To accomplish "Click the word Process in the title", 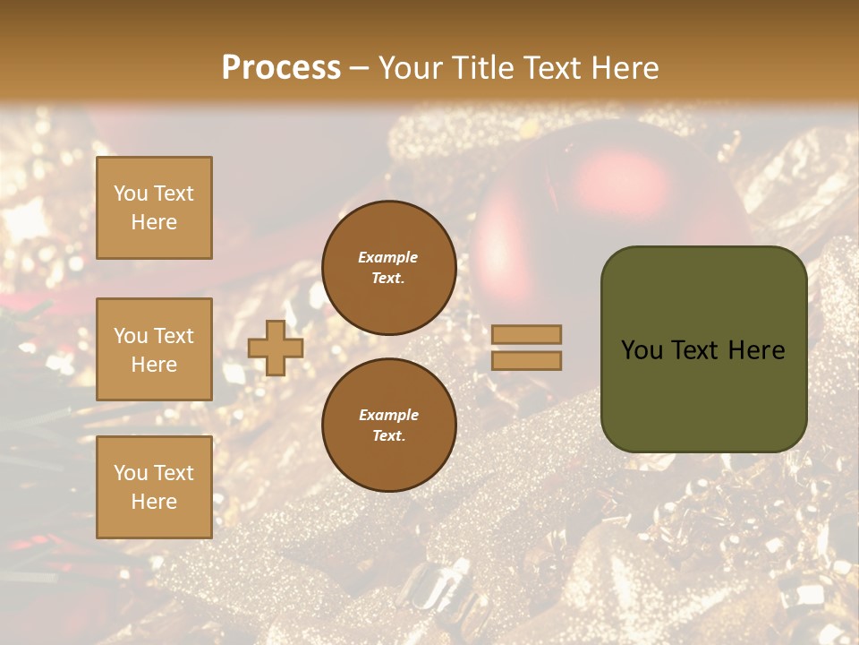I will [281, 68].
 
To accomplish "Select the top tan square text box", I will [154, 208].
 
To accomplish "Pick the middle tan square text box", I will [154, 349].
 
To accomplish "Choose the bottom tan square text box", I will [154, 486].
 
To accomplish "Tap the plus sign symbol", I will [276, 348].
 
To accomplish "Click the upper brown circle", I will [388, 268].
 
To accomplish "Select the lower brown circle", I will [388, 426].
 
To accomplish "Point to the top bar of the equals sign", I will [526, 335].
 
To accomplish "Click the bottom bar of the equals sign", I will [526, 360].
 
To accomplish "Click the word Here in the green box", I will [758, 350].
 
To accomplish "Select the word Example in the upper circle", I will [387, 257].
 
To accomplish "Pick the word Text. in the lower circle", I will [388, 436].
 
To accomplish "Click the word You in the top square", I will [130, 193].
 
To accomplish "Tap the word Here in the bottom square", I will [154, 502].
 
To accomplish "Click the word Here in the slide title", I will [627, 68].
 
